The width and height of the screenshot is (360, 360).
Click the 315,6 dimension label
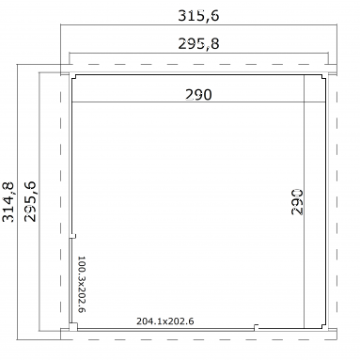click(198, 16)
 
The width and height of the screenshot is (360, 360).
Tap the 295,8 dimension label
click(198, 44)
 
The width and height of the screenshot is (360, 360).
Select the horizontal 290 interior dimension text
click(198, 95)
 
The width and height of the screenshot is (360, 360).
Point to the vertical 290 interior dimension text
click(297, 202)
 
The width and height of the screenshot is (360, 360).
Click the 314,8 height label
click(8, 202)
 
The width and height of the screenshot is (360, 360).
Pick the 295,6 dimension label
click(30, 202)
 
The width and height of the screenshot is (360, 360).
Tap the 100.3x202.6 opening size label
click(82, 284)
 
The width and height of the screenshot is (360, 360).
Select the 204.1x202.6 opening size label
click(165, 321)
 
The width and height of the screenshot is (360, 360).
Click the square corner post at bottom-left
click(73, 327)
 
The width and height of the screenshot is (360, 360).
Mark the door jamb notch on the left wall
click(73, 236)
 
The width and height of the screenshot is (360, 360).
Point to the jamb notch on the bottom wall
click(256, 327)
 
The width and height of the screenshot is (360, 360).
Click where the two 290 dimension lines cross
click(305, 102)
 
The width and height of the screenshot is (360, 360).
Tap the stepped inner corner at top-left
click(73, 77)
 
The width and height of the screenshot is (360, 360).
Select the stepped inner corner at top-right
click(323, 77)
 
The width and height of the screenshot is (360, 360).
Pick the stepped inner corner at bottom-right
click(323, 326)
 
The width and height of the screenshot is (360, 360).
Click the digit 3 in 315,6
click(182, 16)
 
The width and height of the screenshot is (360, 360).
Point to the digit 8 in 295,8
click(215, 44)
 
